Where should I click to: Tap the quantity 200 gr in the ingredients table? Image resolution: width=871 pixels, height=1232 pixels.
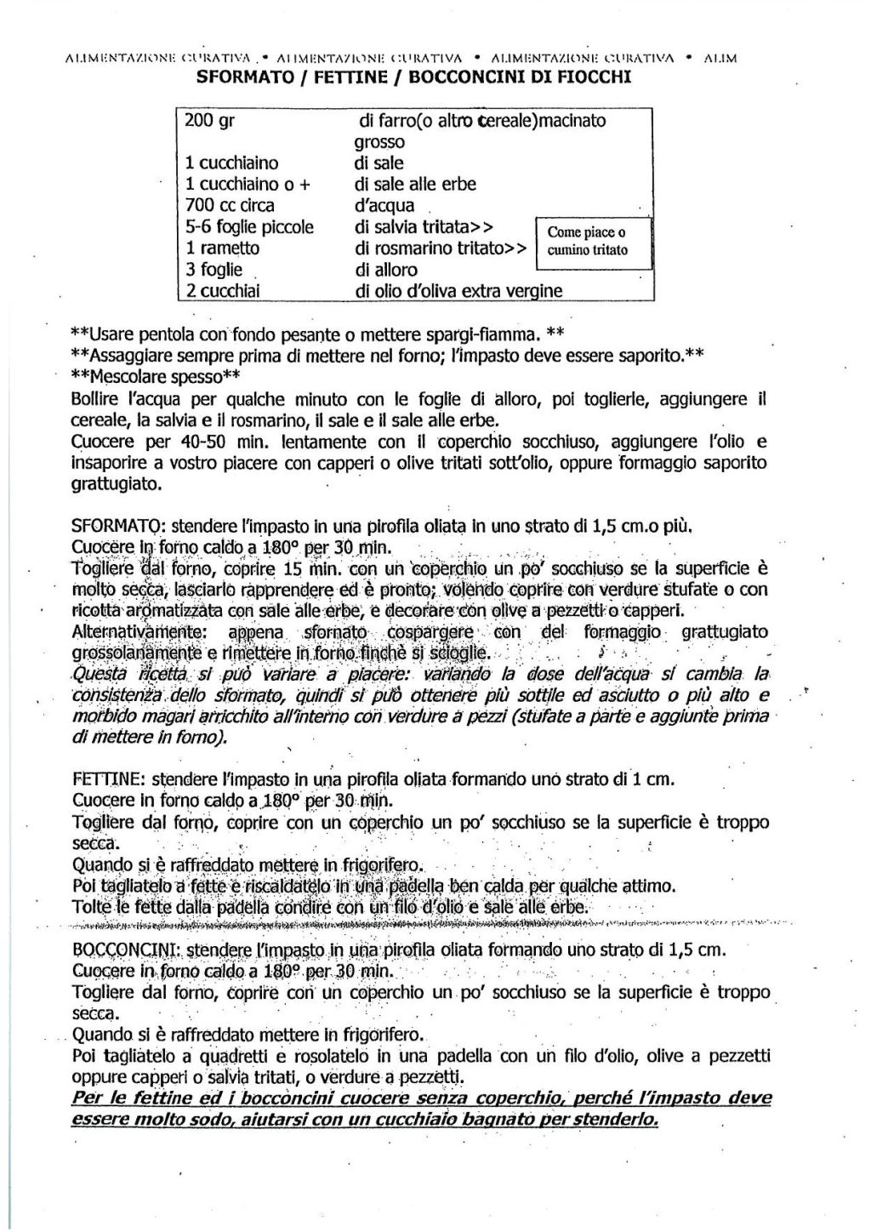209,121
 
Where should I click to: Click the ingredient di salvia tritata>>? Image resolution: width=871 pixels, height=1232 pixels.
424,227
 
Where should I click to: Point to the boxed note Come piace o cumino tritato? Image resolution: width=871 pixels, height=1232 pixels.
588,241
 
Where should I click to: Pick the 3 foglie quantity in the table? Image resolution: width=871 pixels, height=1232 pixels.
213,270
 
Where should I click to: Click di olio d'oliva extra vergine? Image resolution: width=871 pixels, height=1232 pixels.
458,291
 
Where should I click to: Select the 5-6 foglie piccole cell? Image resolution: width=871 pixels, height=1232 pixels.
248,227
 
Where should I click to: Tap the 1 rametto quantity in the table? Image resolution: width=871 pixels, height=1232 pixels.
222,248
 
